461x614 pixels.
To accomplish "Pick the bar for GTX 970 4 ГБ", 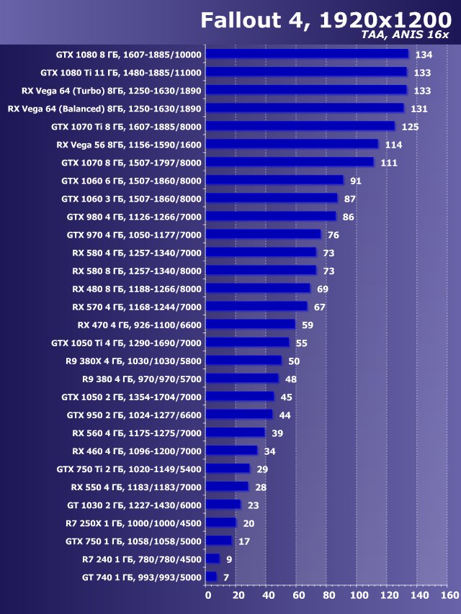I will (x=263, y=234).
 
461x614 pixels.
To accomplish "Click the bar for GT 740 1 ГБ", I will (x=211, y=577).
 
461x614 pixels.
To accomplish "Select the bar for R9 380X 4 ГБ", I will (x=243, y=360).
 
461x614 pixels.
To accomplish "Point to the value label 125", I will (x=411, y=127).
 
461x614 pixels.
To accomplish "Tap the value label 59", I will (x=308, y=325).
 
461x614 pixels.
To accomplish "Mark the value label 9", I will (x=228, y=559).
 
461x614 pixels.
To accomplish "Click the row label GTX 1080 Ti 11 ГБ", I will (x=121, y=73).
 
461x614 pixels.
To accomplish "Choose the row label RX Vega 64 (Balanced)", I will (x=104, y=109).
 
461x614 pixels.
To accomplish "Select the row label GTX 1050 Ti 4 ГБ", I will (x=127, y=343).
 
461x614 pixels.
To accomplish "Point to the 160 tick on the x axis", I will (x=448, y=596).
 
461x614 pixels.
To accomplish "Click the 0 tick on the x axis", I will (x=207, y=596).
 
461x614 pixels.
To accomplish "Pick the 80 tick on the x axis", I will (x=328, y=596).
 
